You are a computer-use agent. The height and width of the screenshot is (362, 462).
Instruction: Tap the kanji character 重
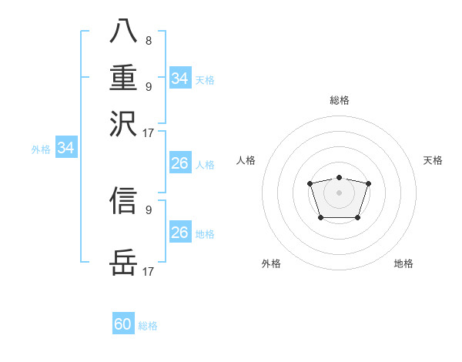click(124, 79)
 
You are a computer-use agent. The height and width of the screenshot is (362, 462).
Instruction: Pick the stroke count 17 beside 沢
click(149, 132)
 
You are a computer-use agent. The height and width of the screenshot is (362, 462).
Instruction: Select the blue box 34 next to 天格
click(180, 79)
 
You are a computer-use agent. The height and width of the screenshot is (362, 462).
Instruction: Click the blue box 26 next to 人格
click(180, 163)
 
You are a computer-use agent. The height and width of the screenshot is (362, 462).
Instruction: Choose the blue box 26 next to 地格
click(180, 233)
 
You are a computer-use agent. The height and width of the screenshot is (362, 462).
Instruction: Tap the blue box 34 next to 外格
click(66, 148)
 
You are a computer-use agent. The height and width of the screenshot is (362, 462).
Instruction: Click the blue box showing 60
click(123, 324)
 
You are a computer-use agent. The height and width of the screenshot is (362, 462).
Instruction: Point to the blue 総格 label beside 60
click(148, 326)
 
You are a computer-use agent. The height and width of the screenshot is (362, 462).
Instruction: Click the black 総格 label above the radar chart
click(339, 100)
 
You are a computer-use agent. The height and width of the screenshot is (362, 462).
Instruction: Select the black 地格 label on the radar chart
click(403, 263)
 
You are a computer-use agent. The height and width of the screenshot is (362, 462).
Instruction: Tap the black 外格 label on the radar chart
click(271, 263)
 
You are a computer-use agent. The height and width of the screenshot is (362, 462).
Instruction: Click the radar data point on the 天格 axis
click(368, 183)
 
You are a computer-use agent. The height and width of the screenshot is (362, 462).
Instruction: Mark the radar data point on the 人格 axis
click(310, 183)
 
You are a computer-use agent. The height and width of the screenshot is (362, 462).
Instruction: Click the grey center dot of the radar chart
click(339, 193)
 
